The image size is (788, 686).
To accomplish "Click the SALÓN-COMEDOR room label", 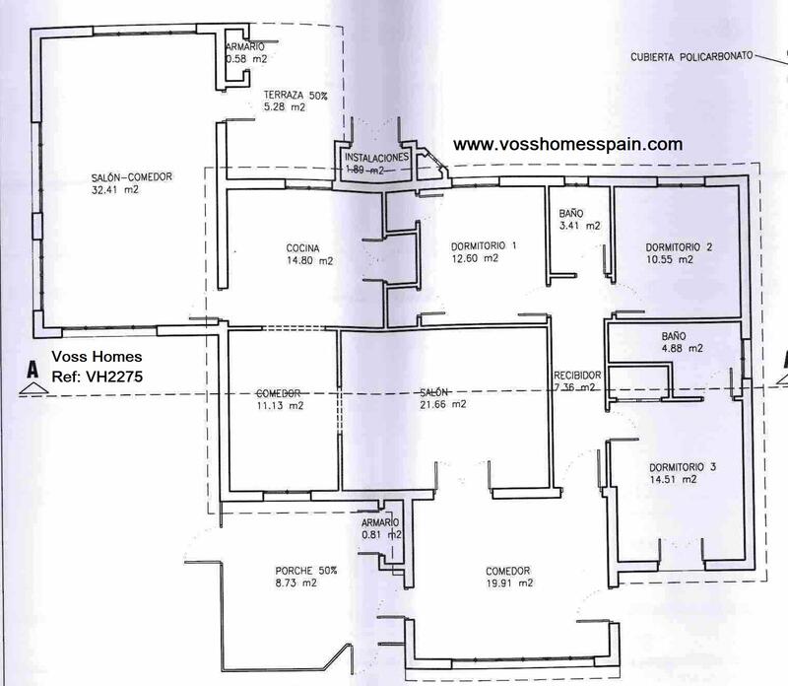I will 131,177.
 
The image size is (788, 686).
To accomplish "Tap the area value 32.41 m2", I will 114,190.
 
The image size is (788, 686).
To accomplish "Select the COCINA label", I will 303,248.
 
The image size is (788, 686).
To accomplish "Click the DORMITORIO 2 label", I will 678,247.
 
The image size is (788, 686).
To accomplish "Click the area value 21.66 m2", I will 444,404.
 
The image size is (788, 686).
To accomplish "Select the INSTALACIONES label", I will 376,158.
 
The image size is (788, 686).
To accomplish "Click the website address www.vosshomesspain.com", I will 567,143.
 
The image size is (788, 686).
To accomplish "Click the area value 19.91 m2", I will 508,583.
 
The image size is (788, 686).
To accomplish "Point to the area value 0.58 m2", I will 246,59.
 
